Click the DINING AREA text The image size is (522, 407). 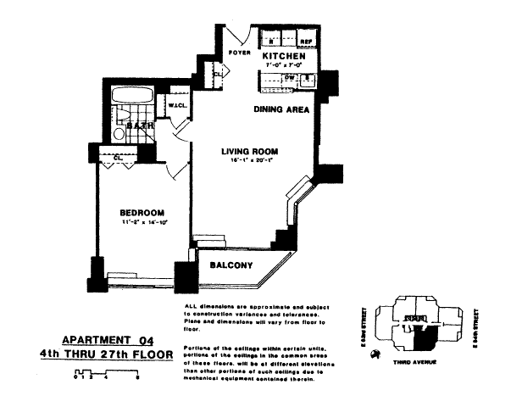click(281, 109)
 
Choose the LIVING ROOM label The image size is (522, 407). click(249, 153)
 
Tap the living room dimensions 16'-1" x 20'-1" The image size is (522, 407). click(249, 163)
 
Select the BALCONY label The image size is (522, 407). click(231, 266)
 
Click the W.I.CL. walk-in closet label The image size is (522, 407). click(177, 106)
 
